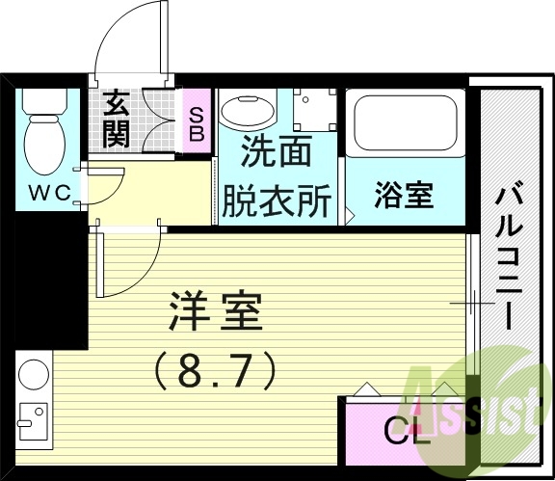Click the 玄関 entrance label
[117, 117]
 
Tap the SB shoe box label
[196, 122]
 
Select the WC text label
[48, 193]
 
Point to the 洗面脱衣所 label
[277, 176]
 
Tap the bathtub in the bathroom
[404, 121]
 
